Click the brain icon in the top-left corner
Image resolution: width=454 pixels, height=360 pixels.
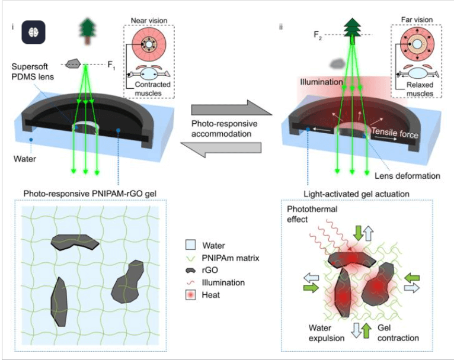(x=32, y=33)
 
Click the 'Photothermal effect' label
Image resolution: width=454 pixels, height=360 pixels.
(x=309, y=214)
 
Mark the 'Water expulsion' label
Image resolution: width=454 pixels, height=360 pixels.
(x=317, y=333)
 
